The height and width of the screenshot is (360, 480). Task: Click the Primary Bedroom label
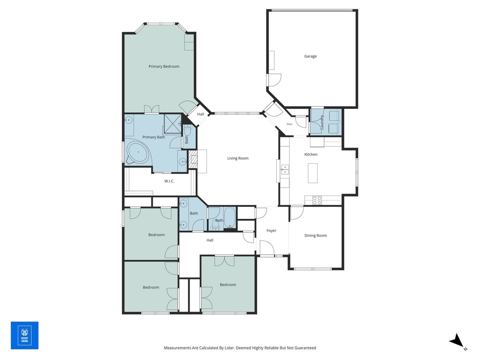(x=164, y=66)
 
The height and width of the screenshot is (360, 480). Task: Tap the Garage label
(x=310, y=56)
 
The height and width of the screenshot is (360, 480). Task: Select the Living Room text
(x=238, y=158)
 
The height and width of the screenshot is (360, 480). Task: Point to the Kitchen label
(x=311, y=154)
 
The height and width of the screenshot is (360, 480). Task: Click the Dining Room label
(x=315, y=236)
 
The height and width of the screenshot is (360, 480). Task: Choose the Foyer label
(x=271, y=231)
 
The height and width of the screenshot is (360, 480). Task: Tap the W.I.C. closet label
(x=169, y=181)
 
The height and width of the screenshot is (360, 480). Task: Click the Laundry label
(x=322, y=122)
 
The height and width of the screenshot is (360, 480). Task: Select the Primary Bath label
(x=154, y=137)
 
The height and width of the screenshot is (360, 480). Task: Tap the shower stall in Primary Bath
(x=172, y=123)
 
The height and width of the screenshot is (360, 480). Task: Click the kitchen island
(x=312, y=173)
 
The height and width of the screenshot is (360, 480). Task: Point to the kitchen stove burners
(x=317, y=200)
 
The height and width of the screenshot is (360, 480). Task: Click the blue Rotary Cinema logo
(x=24, y=335)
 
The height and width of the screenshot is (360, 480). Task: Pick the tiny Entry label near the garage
(x=289, y=124)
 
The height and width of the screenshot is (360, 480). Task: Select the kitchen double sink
(x=284, y=170)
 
